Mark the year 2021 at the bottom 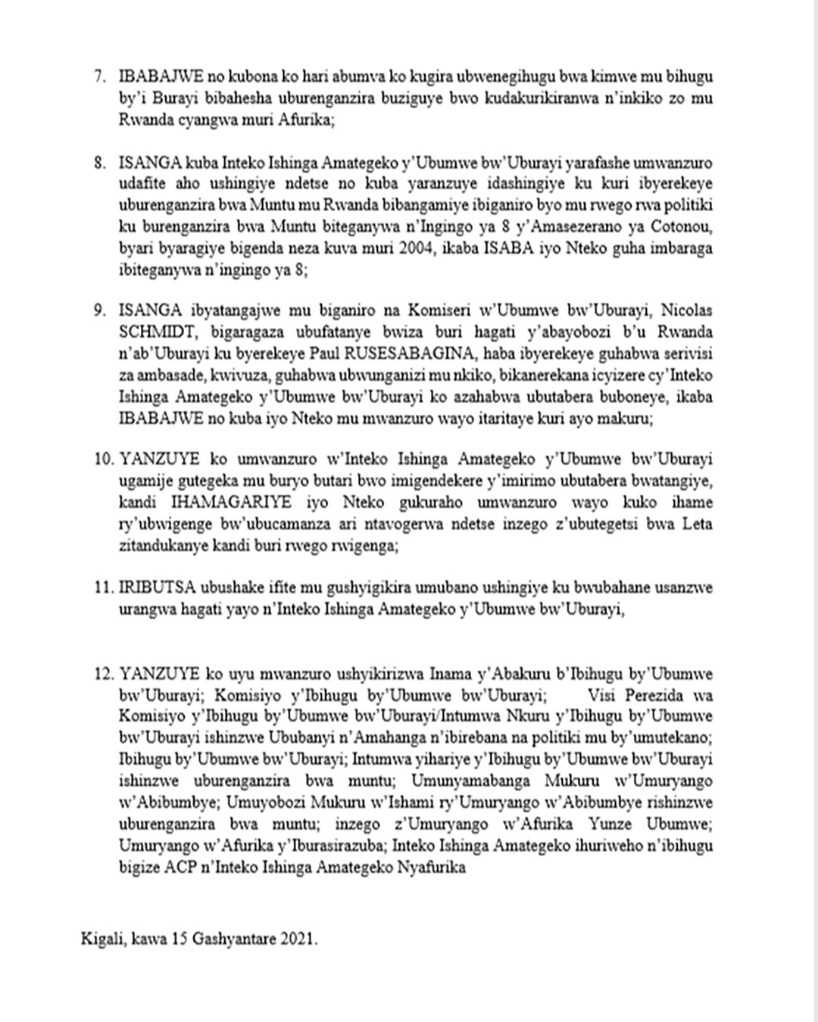(x=298, y=939)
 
